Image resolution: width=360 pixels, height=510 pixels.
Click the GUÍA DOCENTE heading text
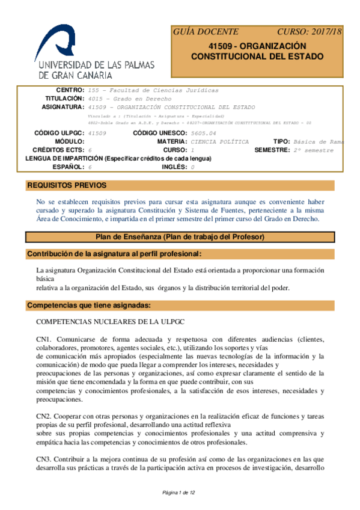click(x=206, y=32)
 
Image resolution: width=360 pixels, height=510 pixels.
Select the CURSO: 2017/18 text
click(x=309, y=32)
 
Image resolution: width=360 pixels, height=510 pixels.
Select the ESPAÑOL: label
click(x=68, y=167)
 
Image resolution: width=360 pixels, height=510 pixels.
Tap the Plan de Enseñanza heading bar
click(x=180, y=238)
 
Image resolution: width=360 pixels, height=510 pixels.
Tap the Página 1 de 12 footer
click(x=180, y=493)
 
